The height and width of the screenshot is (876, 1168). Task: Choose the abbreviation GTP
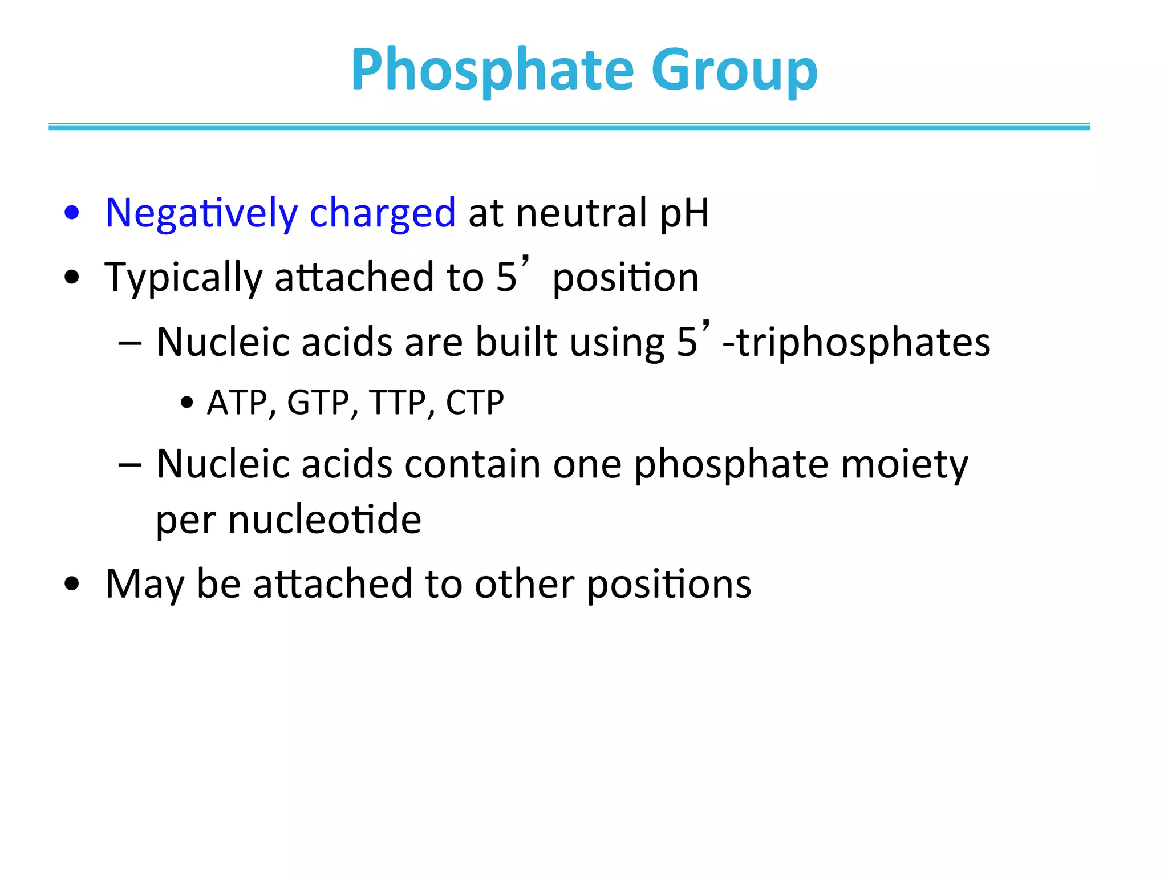tap(318, 403)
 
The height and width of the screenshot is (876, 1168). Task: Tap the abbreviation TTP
tap(398, 403)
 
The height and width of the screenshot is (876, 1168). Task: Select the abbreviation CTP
tap(474, 403)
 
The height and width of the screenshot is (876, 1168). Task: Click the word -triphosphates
tap(856, 343)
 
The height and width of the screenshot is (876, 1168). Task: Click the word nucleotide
tap(325, 520)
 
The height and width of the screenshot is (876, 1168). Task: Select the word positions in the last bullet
tap(669, 585)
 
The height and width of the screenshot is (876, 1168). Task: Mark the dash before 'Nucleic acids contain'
tap(130, 464)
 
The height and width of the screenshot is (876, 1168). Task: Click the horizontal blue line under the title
tap(569, 127)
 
